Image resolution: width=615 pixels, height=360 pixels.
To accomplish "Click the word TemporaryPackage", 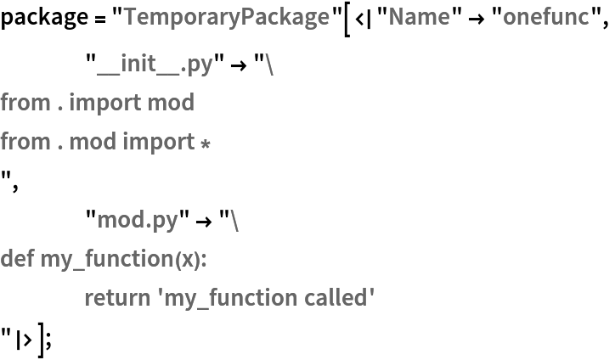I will pos(226,16).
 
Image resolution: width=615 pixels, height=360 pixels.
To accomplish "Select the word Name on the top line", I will pos(419,16).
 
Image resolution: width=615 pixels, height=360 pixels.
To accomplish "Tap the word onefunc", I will pos(545,16).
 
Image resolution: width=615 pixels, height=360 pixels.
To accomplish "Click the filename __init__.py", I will pos(155,64).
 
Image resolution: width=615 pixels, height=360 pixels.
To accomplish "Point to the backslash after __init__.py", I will pos(270,64).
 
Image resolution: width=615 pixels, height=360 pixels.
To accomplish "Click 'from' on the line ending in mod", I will pos(25,103).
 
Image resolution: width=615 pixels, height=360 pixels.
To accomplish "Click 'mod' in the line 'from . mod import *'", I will pos(93,142).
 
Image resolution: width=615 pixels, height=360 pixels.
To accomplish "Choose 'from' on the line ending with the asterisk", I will pos(25,142).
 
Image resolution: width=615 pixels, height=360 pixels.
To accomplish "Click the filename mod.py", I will pos(138,220).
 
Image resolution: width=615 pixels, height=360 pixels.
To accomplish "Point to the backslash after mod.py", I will pos(234,220).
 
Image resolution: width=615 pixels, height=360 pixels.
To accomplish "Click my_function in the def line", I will pos(106,258).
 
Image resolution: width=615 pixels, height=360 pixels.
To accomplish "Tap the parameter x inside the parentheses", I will pos(186,259).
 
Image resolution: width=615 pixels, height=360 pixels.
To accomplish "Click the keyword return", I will pos(114,297).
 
